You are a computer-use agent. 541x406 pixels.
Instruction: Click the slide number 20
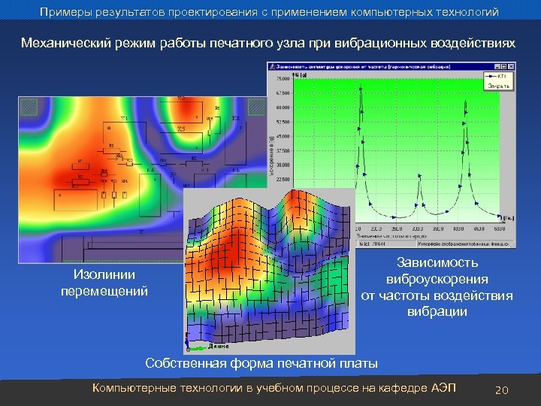(503, 389)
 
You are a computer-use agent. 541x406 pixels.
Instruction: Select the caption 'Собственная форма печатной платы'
(261, 364)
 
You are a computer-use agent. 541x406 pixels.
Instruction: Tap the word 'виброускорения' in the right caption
(437, 279)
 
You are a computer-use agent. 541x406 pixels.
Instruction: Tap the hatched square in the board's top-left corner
(29, 108)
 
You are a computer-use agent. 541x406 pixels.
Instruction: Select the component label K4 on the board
(151, 171)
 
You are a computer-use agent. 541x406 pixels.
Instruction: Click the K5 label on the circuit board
(181, 129)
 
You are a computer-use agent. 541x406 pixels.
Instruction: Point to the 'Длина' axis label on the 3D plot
(217, 347)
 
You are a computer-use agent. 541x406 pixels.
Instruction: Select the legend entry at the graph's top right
(496, 77)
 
